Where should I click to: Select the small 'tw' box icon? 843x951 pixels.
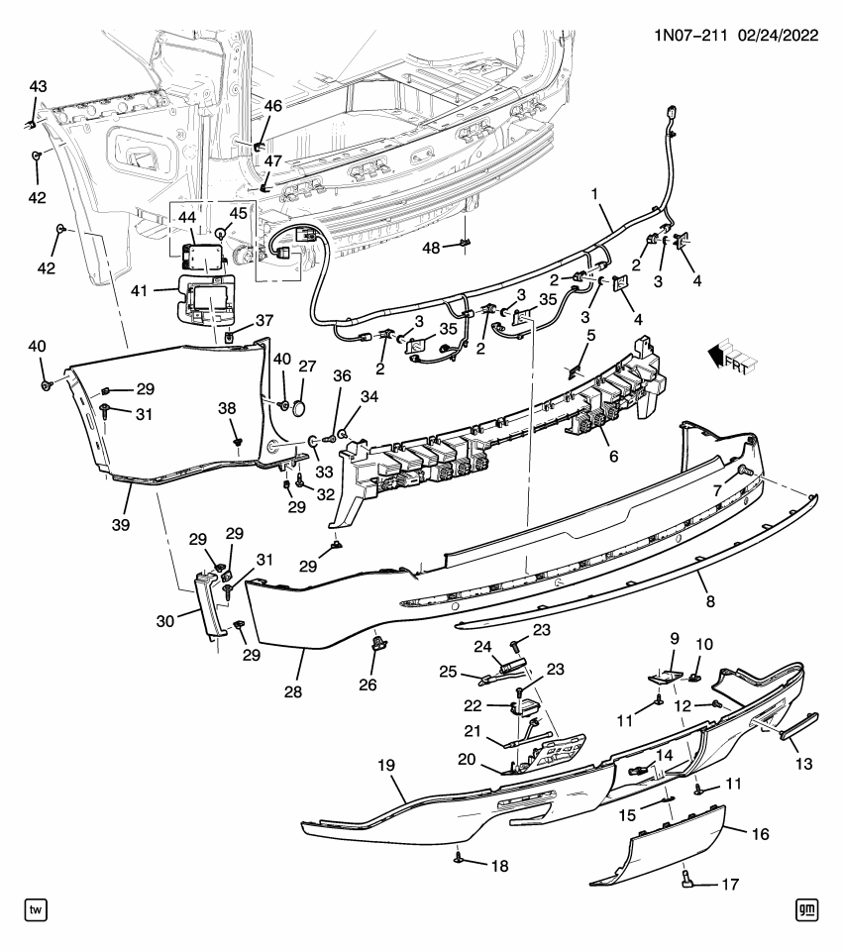pyautogui.click(x=36, y=907)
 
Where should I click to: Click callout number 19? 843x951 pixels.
pyautogui.click(x=385, y=765)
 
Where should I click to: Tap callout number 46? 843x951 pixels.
pyautogui.click(x=271, y=106)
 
